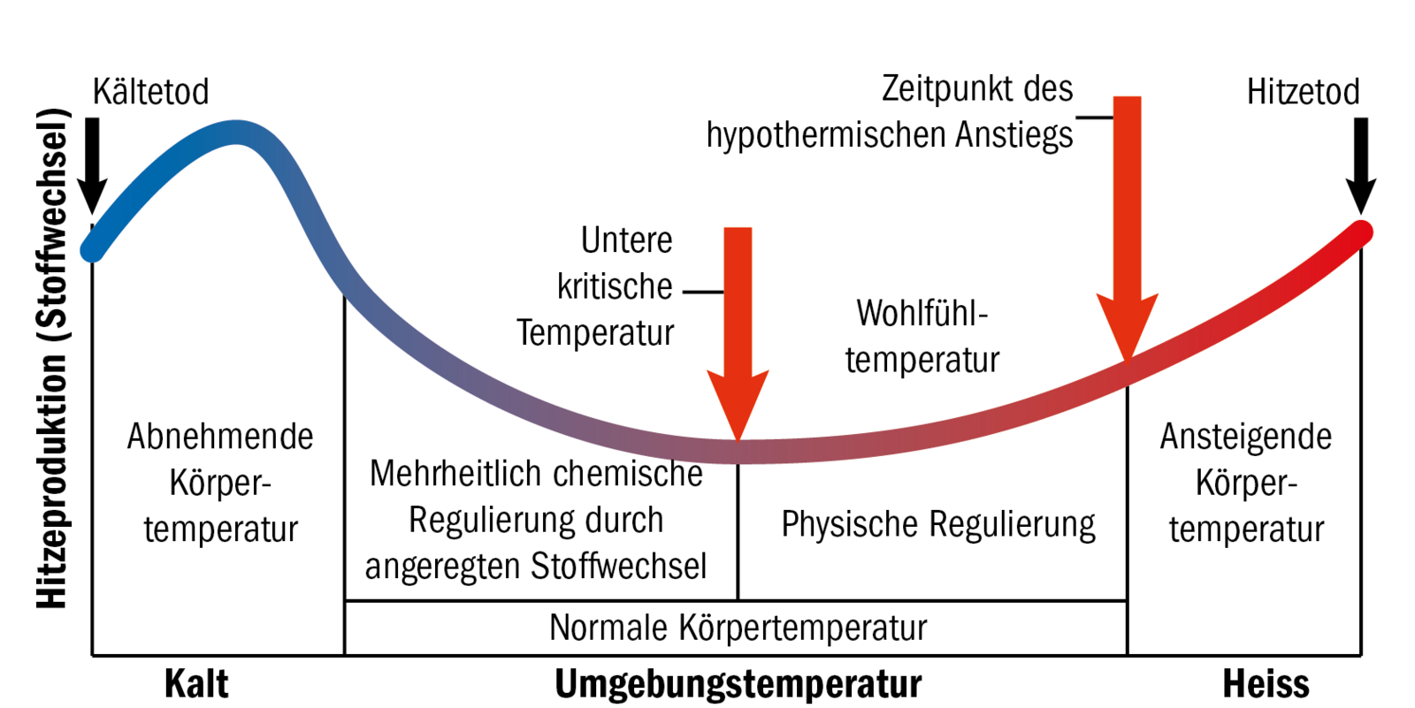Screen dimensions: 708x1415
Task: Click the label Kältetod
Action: coord(151,92)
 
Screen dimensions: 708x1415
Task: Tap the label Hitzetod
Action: coord(1303,92)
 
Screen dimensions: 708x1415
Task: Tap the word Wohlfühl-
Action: coord(922,314)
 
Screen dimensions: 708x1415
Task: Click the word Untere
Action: coord(626,240)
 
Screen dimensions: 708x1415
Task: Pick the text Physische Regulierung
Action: coord(937,524)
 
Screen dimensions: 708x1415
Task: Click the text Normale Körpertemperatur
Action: coord(738,628)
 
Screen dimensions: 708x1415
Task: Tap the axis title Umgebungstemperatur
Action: coord(738,684)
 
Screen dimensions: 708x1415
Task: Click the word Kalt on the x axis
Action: coord(196,684)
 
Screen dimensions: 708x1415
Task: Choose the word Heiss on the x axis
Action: coord(1266,684)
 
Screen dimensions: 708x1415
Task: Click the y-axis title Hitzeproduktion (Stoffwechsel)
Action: coord(52,358)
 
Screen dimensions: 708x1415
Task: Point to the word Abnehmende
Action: coord(220,437)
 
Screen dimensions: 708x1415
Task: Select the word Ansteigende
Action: coord(1245,437)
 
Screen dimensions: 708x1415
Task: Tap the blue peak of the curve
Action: coord(235,133)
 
